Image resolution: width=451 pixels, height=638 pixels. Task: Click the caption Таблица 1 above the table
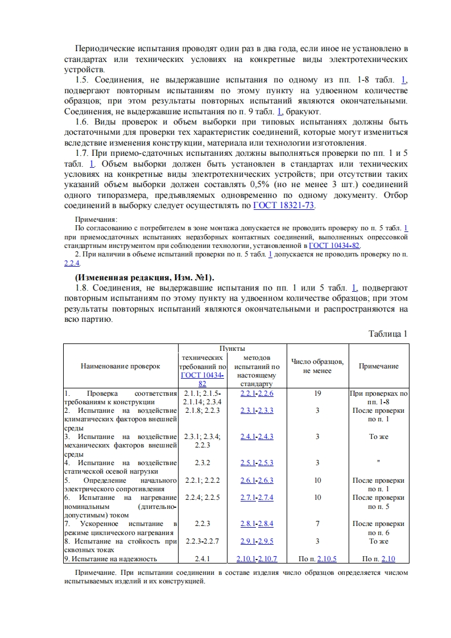[388, 334]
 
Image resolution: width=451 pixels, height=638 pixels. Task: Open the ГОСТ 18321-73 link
[284, 206]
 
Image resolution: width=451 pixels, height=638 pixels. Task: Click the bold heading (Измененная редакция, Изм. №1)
[144, 277]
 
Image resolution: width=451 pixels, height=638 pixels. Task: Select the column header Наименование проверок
[120, 367]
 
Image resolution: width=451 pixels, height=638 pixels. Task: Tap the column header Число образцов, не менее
[317, 366]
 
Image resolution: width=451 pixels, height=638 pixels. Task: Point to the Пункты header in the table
[232, 347]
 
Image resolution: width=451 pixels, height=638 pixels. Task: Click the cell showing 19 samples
[317, 393]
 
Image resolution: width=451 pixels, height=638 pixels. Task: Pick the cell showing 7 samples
[317, 524]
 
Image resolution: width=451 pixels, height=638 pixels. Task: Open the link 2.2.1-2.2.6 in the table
[256, 393]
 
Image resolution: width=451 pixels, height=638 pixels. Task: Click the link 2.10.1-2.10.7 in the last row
[256, 559]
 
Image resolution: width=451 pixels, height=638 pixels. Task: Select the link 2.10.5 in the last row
[326, 559]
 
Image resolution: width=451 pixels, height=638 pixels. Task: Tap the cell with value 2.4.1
[202, 559]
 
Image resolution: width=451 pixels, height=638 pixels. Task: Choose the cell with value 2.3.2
[202, 463]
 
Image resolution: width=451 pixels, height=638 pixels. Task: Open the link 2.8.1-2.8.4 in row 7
[256, 524]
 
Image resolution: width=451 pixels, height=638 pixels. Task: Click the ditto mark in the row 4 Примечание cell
[378, 463]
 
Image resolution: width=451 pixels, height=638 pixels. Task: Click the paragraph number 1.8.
[83, 288]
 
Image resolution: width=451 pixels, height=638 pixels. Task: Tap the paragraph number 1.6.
[83, 122]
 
